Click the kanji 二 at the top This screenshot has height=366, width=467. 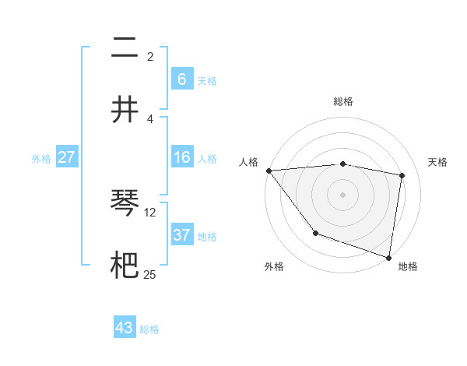125,48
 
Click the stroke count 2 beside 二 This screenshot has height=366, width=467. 150,56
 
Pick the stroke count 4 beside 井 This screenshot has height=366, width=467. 150,118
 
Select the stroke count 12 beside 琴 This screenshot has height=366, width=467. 150,211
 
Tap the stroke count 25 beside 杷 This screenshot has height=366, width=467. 150,273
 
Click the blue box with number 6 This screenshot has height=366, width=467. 181,79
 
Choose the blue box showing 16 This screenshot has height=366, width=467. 181,157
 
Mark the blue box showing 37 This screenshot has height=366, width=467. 181,234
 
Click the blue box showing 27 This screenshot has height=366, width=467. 66,157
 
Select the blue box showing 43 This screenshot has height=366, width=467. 125,328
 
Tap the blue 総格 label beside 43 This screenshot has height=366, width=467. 149,329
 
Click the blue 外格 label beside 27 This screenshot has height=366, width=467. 41,159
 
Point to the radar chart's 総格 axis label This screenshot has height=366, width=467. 343,101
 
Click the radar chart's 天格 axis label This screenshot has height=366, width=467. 437,162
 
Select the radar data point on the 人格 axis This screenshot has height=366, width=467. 269,171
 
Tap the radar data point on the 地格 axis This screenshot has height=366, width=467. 389,257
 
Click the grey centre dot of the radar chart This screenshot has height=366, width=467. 342,194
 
